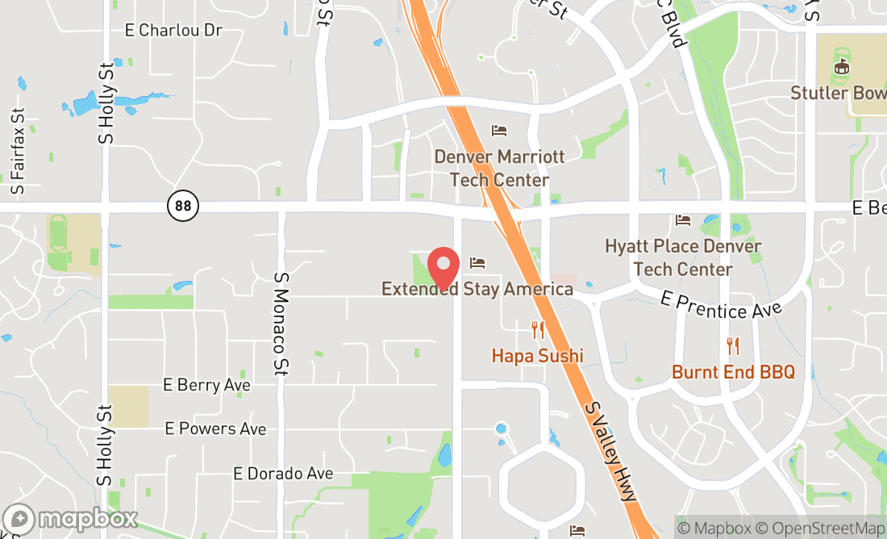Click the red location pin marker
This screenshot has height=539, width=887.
443,268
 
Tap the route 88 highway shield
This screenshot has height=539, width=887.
183,206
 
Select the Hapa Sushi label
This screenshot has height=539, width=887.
537,355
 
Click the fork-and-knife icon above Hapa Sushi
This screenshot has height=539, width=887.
538,330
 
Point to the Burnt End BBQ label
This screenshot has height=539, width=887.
733,372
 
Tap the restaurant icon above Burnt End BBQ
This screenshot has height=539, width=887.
733,347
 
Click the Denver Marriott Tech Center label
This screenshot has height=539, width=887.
499,168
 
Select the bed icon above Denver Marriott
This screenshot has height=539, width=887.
499,131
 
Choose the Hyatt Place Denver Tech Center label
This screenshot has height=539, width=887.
683,257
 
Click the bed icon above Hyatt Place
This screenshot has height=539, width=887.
683,220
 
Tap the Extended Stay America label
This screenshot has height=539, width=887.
477,289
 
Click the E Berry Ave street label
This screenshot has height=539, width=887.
206,385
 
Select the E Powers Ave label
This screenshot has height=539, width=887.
215,428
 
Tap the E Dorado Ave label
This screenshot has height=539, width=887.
283,474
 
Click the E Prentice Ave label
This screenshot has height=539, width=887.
721,305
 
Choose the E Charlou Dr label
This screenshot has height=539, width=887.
173,31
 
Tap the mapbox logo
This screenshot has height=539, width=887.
70,518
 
